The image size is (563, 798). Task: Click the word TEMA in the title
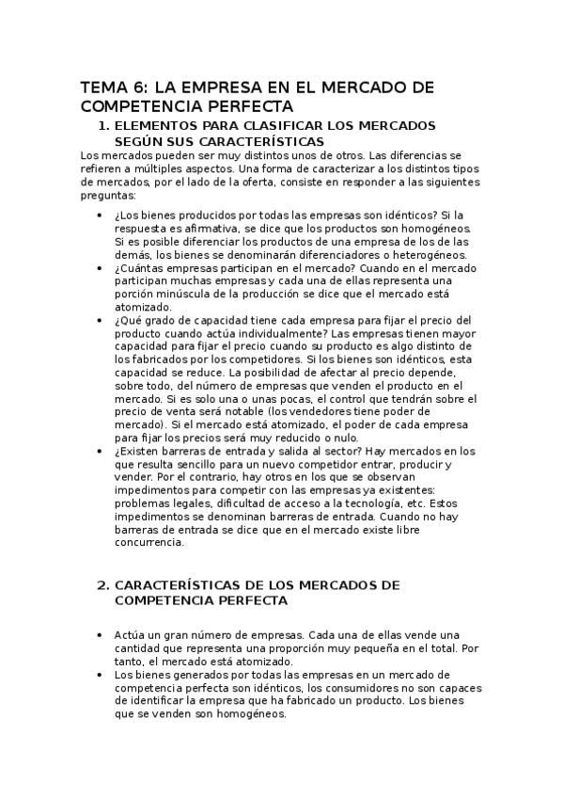coord(103,88)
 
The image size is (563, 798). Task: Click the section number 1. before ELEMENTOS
coord(104,126)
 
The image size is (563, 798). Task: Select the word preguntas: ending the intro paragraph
coord(108,196)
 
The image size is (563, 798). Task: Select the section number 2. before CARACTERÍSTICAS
coord(104,585)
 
